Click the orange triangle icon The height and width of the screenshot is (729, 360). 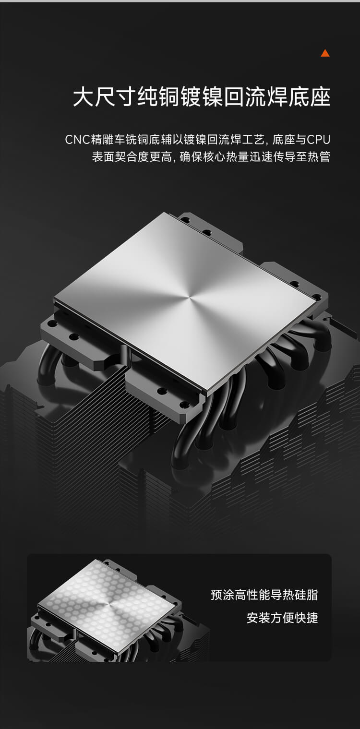click(x=325, y=53)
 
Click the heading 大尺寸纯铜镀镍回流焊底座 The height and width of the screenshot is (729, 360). click(x=202, y=96)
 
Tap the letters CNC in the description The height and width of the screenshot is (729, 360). click(x=77, y=140)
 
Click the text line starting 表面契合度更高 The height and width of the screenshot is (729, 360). click(x=211, y=157)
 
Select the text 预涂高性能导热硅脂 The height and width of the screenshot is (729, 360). click(x=264, y=595)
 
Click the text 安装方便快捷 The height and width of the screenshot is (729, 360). click(x=282, y=617)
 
